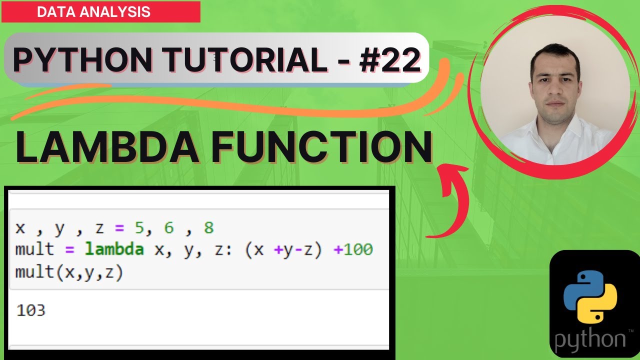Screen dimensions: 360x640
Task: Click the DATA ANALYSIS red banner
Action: point(100,12)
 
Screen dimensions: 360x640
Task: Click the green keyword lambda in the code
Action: point(114,249)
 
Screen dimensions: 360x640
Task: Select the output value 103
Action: point(31,310)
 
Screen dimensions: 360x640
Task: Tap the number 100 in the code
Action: point(357,249)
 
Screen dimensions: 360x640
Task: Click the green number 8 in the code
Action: point(208,228)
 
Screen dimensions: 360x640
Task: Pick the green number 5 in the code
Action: point(139,228)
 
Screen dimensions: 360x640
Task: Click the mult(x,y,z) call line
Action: point(69,272)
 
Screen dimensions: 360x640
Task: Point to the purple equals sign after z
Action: point(118,228)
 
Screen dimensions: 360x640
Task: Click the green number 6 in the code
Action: point(169,228)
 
